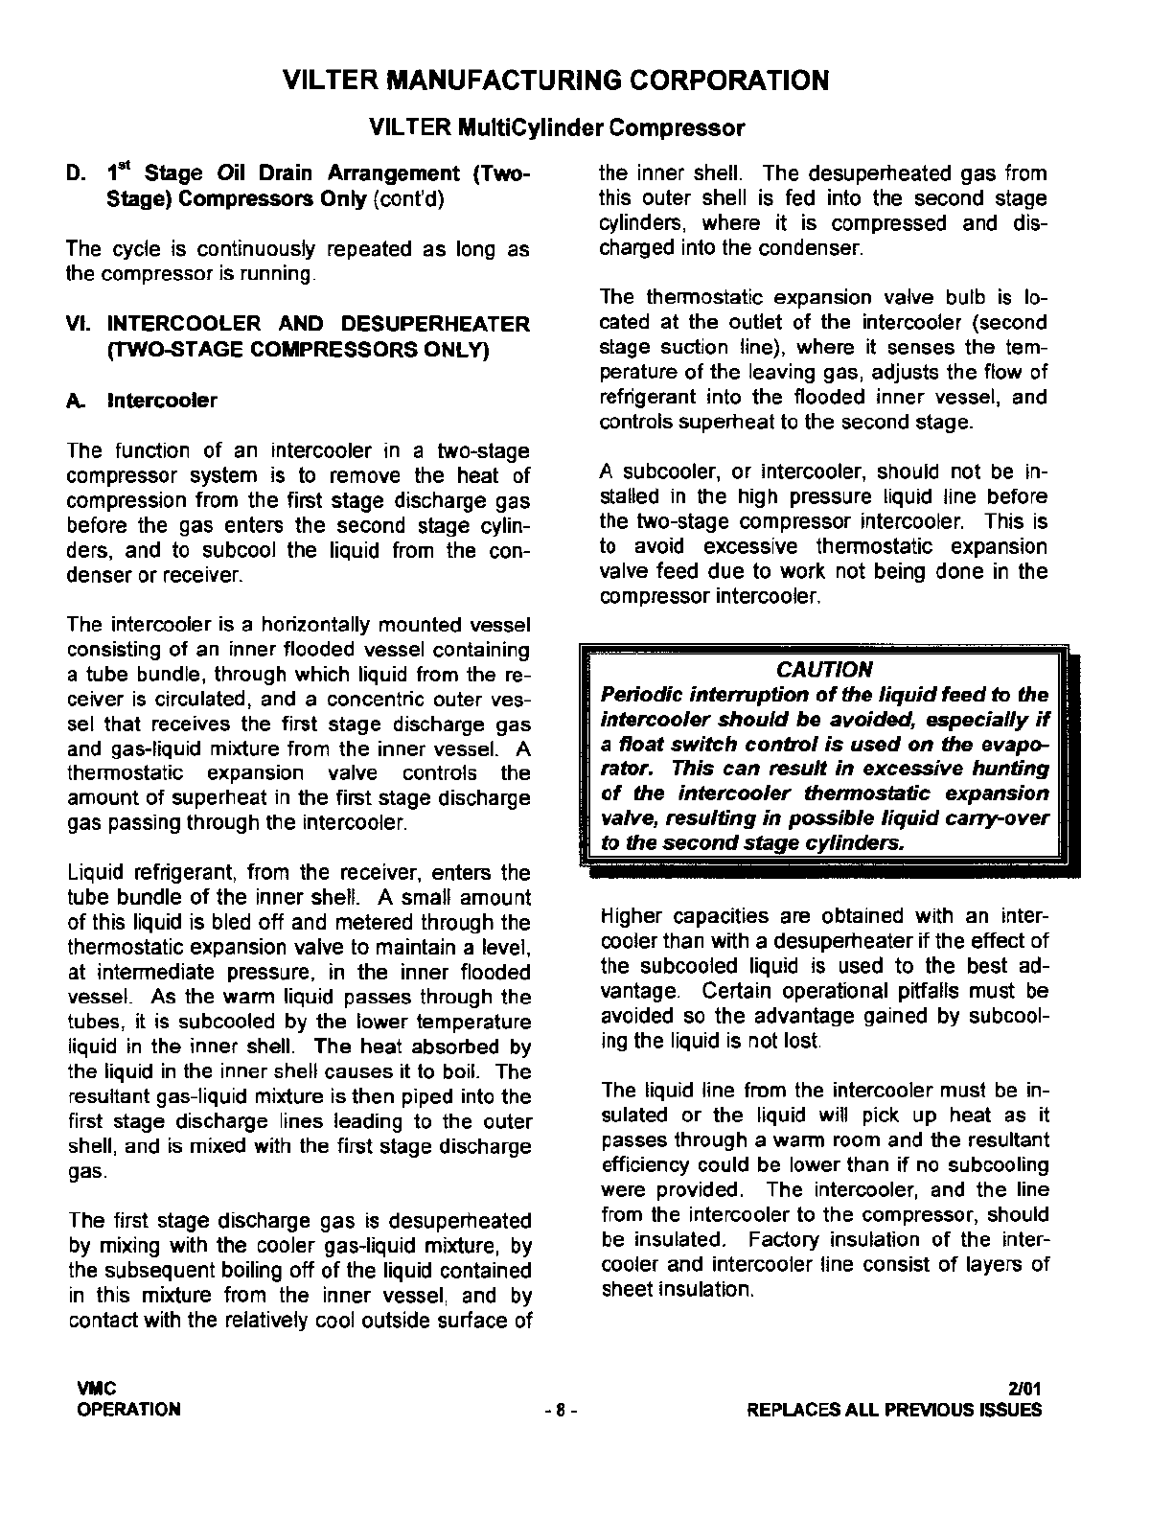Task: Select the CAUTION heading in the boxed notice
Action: point(824,669)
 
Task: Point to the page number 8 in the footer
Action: point(559,1410)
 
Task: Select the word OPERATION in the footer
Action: point(128,1410)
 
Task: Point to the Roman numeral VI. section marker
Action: point(80,325)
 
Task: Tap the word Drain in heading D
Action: point(287,173)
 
